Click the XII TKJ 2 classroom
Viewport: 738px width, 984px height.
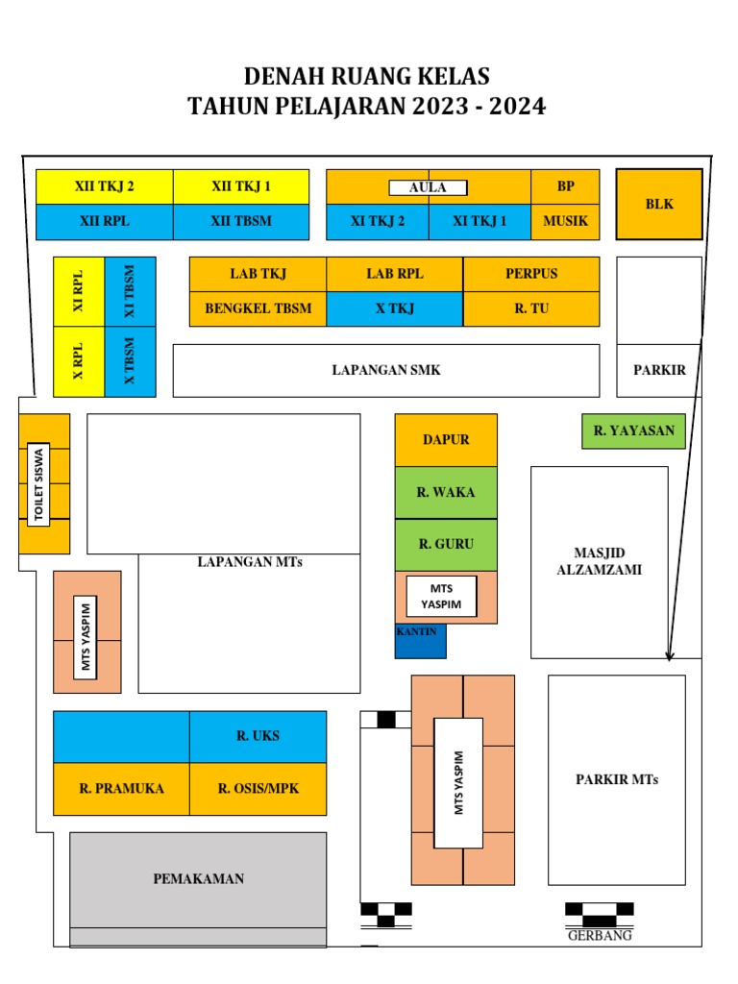click(104, 186)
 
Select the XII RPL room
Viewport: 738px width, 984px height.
click(104, 221)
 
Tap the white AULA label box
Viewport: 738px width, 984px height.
click(428, 187)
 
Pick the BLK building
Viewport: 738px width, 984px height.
click(659, 204)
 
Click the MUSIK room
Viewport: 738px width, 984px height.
click(565, 221)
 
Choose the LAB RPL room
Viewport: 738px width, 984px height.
click(394, 274)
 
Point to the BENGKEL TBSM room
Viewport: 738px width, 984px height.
click(258, 308)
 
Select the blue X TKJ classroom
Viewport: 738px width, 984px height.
click(394, 308)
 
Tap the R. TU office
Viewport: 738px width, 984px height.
click(530, 308)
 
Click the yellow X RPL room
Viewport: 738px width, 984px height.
click(79, 361)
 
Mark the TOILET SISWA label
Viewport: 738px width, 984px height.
click(39, 484)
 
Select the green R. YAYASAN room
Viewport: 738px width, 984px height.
click(633, 430)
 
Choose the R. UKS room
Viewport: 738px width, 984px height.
click(258, 736)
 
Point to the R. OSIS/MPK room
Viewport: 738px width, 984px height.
click(258, 789)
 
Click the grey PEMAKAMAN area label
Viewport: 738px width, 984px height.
click(198, 878)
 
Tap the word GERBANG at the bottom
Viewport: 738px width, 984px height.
click(600, 935)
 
